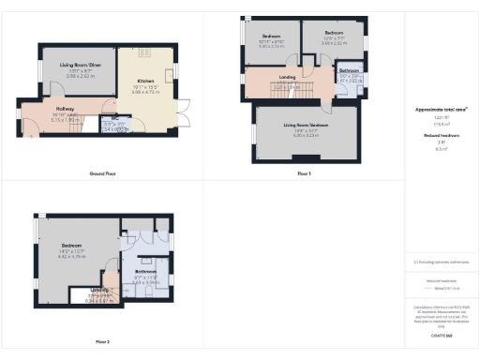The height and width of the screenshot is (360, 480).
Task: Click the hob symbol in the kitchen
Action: pos(145,53)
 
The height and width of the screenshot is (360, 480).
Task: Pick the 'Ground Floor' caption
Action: pos(102,174)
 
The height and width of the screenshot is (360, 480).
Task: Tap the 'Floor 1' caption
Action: pos(304,174)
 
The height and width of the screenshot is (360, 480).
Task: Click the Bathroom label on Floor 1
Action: pos(349,71)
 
